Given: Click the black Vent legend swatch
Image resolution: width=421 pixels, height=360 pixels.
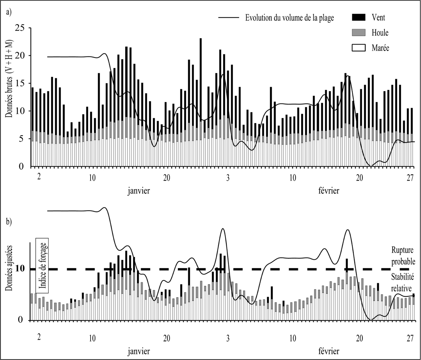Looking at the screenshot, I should click(x=358, y=17).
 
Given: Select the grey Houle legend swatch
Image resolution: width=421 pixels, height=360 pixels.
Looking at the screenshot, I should click(x=358, y=32).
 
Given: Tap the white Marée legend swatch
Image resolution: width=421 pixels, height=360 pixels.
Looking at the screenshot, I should click(x=358, y=48).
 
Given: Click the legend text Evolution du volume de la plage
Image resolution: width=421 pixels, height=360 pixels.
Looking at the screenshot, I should click(x=289, y=18).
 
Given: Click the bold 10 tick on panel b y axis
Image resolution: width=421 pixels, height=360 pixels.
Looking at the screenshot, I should click(x=21, y=269).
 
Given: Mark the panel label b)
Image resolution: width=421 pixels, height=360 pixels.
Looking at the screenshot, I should click(x=9, y=222).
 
